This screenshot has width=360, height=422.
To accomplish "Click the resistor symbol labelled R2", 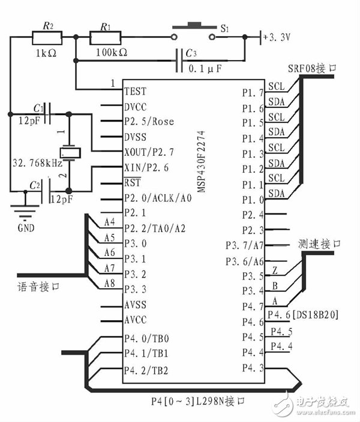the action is click(47, 38).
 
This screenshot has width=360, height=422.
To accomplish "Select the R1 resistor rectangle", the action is click(105, 38).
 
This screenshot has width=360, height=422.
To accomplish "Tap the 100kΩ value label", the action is click(112, 53).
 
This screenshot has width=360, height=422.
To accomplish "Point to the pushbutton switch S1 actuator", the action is click(194, 26).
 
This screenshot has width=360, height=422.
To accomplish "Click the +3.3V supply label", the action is click(277, 37).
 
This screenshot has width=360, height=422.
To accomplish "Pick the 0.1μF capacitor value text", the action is click(205, 69).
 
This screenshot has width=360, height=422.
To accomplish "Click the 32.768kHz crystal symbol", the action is click(70, 153).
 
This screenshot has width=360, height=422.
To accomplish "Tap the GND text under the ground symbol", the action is click(26, 228).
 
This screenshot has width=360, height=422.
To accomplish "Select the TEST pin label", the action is click(135, 92).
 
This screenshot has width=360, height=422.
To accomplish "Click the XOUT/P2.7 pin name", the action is click(149, 152).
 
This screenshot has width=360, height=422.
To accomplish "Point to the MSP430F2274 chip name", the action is click(201, 161).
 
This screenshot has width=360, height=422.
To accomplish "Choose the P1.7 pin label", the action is click(253, 93).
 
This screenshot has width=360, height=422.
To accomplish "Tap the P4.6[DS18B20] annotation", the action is click(303, 315).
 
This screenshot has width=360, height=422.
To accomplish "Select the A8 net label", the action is click(110, 283).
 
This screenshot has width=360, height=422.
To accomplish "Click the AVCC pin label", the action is click(136, 320).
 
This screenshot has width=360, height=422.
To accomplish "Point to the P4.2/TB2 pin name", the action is click(146, 370).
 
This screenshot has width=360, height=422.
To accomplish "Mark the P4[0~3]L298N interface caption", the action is click(198, 401).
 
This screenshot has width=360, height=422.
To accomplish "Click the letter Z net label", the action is click(275, 270).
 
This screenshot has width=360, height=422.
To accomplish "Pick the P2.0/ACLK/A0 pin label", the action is click(158, 198).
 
